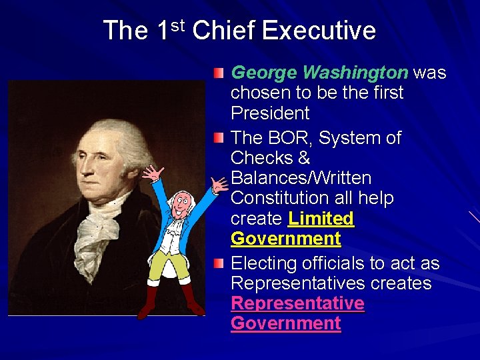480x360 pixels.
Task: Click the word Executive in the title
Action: point(319,31)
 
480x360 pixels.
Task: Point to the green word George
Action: point(263,72)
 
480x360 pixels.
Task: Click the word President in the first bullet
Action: point(270,112)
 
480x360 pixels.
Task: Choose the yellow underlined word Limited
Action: point(321,218)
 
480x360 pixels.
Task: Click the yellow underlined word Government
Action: point(285,238)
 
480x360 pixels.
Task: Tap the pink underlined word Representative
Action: point(297,303)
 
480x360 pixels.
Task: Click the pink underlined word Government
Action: point(285,323)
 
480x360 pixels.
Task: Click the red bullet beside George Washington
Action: point(219,73)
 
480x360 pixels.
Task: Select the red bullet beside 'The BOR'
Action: point(219,139)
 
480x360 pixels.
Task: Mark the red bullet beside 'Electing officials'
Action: point(219,264)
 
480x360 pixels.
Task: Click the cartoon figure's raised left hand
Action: point(154,175)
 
